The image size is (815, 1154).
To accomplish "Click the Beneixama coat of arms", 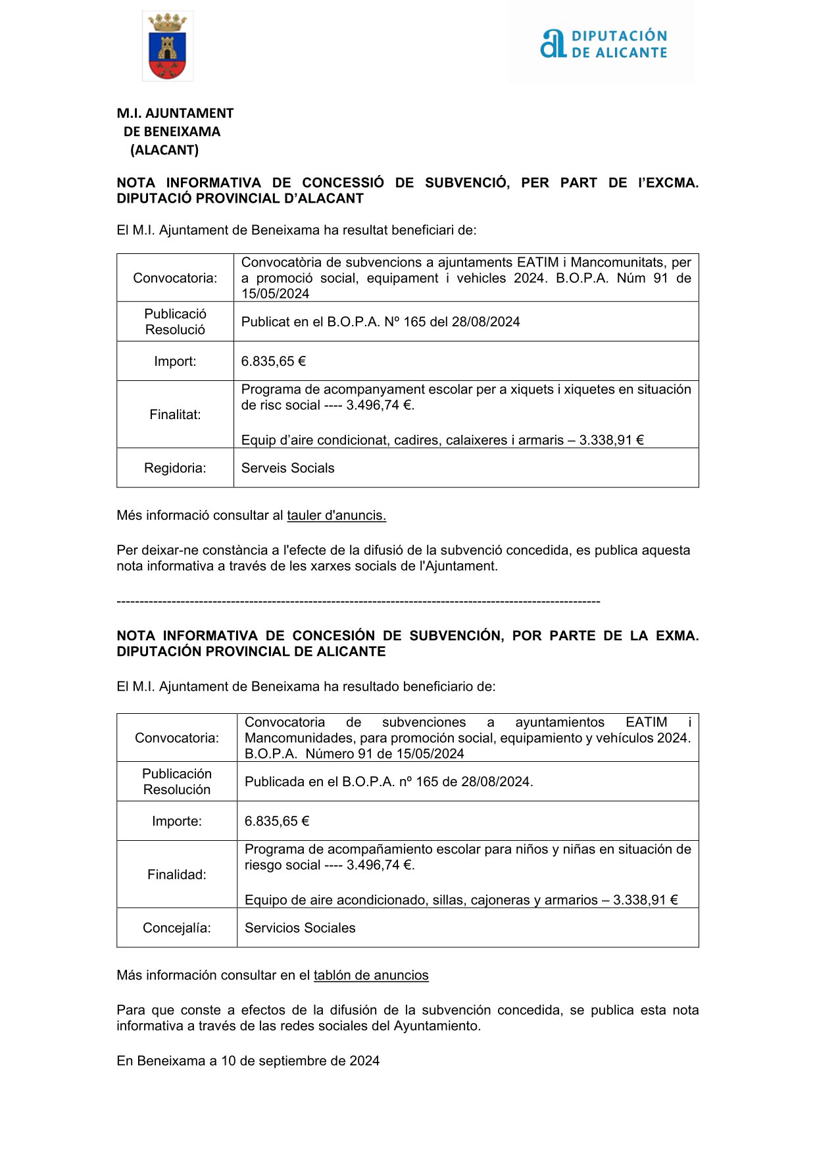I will tap(167, 47).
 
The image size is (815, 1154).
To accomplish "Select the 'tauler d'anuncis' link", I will tap(336, 516).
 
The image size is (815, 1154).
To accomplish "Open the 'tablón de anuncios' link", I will tap(371, 976).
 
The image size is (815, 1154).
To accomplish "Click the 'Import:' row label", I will tap(175, 361).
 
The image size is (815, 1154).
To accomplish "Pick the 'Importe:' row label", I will tap(177, 821).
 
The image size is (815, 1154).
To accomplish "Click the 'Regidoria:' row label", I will tap(175, 468).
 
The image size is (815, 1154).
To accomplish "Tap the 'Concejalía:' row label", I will tap(177, 928).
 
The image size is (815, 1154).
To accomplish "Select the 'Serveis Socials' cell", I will tap(287, 468).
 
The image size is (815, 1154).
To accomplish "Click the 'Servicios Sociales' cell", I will tap(300, 928).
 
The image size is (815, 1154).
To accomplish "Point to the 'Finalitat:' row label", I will tap(175, 414).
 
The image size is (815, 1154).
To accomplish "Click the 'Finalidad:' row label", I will tap(177, 874).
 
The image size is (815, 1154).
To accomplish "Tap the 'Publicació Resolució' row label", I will tap(175, 322).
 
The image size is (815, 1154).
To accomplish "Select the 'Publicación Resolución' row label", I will tap(177, 782).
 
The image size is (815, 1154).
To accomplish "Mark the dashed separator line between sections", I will tap(358, 601).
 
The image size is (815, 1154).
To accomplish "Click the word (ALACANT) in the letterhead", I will tap(164, 150).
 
